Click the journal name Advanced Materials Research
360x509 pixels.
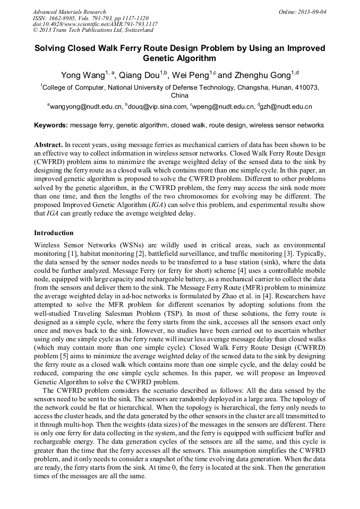click(69, 12)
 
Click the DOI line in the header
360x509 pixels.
click(95, 24)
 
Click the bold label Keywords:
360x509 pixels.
click(51, 125)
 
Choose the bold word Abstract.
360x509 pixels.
click(48, 144)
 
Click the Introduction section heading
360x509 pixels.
click(54, 232)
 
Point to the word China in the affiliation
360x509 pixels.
click(179, 96)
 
